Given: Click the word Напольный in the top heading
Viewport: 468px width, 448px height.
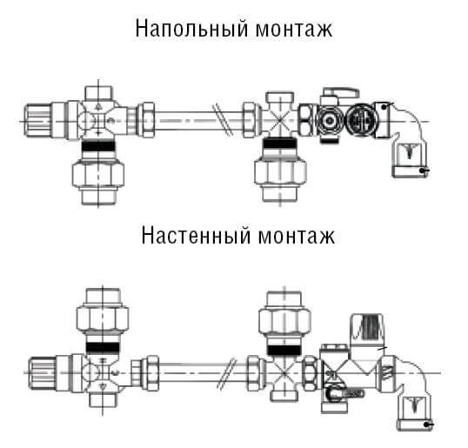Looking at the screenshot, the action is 191,29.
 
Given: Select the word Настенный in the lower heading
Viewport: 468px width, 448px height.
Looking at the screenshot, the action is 196,236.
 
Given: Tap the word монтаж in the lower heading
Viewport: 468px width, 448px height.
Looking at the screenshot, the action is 297,237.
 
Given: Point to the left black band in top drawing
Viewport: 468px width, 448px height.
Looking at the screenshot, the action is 98,145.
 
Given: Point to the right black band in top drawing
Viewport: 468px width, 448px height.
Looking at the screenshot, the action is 279,144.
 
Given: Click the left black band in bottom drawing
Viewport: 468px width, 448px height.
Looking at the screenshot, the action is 103,348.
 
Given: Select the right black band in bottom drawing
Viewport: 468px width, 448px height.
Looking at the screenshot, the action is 284,350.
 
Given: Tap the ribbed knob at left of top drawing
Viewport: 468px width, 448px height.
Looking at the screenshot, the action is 37,120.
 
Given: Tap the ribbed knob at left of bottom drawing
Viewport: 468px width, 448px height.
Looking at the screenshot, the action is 42,373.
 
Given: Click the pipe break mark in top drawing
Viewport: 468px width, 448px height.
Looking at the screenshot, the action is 224,120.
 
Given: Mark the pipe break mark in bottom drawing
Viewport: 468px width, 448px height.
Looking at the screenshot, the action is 226,373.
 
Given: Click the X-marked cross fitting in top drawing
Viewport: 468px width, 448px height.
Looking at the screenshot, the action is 279,120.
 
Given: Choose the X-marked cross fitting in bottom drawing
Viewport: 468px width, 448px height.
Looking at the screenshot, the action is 284,373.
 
